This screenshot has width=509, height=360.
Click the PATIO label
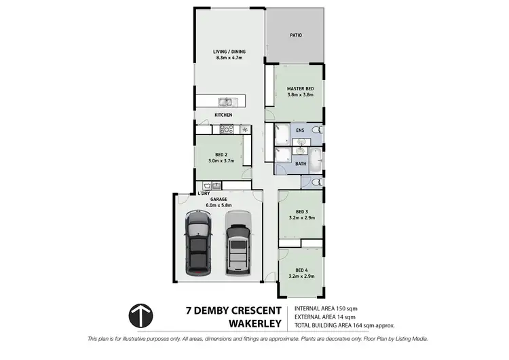coord(296,35)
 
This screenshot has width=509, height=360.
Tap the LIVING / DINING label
coord(229,52)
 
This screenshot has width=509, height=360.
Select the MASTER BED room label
coord(299,89)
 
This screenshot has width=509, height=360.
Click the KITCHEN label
coord(224,115)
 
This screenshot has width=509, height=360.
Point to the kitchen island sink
coord(225,103)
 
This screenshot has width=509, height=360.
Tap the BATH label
coord(301,164)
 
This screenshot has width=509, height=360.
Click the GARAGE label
coord(218,200)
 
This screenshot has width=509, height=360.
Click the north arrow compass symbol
coord(142,315)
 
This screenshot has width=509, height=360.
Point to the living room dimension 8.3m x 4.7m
coord(229,58)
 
